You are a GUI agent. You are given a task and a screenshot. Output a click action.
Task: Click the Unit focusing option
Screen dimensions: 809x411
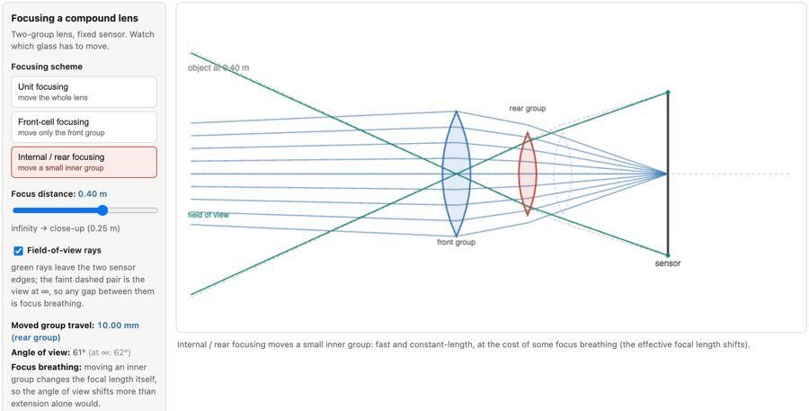[x=84, y=92]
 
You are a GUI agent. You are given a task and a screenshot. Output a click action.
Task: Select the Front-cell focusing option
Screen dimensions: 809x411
[x=84, y=127]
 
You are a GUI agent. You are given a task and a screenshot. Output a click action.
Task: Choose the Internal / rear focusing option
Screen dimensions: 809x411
[x=84, y=162]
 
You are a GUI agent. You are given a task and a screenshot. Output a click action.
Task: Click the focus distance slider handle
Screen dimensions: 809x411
[x=102, y=210]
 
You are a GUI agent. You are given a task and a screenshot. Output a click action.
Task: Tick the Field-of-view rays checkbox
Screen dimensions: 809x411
[x=19, y=250]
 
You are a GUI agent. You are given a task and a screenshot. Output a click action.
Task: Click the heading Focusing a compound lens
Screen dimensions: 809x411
[x=75, y=18]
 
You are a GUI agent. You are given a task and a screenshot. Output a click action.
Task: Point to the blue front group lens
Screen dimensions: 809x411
[x=456, y=174]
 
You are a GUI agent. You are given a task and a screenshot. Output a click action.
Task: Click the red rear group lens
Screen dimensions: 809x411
[x=528, y=174]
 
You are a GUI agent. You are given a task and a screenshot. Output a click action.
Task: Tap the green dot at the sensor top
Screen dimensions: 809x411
[x=668, y=92]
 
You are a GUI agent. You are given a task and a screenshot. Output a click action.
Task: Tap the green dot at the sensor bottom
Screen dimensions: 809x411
[x=668, y=255]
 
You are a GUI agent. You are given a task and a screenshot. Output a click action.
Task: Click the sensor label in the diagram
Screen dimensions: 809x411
[x=668, y=264]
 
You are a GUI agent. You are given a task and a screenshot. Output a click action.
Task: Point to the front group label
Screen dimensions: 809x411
[x=456, y=242]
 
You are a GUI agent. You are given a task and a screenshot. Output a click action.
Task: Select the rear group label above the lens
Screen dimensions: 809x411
[x=528, y=109]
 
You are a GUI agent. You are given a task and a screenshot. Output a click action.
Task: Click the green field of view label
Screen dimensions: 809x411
[x=208, y=215]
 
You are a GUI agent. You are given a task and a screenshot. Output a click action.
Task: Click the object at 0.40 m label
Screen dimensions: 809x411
[x=218, y=67]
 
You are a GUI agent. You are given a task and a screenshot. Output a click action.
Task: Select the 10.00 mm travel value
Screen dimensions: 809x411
[x=118, y=326]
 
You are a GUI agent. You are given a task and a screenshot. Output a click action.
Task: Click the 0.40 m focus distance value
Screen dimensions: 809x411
[x=93, y=193]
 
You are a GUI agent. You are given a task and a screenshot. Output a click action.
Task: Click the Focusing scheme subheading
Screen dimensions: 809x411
[x=47, y=67]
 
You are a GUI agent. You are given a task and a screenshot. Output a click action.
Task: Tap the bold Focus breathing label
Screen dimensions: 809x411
[x=47, y=367]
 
